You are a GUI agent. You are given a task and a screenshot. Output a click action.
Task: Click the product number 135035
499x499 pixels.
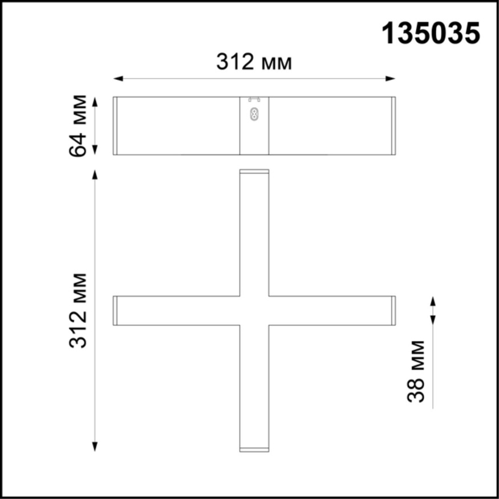point(431,33)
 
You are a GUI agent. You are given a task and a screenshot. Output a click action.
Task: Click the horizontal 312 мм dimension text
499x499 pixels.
point(254,62)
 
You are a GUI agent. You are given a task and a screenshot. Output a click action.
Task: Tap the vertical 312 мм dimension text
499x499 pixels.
point(79,311)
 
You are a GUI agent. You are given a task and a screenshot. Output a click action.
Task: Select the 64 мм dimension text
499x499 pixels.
point(78,125)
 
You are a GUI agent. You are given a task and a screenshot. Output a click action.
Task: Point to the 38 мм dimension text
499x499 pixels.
point(417,371)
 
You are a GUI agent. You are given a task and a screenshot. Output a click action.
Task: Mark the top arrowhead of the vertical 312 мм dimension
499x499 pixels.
point(95,173)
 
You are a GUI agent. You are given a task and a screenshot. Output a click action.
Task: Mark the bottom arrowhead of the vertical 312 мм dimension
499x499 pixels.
point(95,448)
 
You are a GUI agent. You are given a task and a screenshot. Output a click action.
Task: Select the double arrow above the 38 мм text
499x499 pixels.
point(433,311)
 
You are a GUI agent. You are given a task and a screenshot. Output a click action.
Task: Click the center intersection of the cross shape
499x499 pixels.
point(254,311)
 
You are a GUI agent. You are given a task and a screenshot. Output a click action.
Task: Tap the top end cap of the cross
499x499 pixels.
point(254,171)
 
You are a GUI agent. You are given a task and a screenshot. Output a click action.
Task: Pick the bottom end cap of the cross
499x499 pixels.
point(254,450)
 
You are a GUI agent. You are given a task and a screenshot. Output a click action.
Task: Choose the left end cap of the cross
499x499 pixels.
point(115,311)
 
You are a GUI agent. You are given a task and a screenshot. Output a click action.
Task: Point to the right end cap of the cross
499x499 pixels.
point(393,311)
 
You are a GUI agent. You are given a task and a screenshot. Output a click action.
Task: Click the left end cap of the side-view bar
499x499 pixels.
point(115,125)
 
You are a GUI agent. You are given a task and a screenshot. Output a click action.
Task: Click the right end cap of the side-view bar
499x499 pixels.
point(393,125)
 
